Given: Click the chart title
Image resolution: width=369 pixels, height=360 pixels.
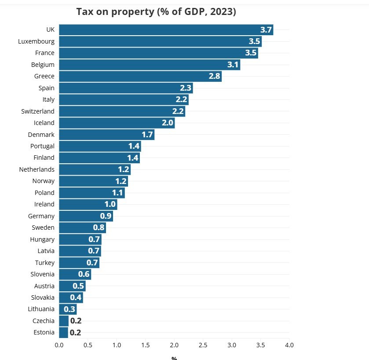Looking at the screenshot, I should tap(156, 12).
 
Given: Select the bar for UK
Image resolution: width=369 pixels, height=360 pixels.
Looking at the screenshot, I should tap(166, 30).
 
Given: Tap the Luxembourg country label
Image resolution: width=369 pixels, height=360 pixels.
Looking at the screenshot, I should tap(37, 41).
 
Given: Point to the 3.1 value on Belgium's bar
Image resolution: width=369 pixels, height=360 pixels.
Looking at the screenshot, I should tap(233, 65).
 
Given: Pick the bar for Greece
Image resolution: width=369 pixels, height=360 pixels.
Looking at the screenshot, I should tap(140, 76).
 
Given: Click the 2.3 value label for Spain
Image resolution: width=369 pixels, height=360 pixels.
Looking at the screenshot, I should tap(186, 88).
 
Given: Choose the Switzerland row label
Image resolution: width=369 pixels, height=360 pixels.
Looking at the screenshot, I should tap(38, 111).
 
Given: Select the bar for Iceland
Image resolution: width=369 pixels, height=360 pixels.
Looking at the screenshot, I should tap(117, 123).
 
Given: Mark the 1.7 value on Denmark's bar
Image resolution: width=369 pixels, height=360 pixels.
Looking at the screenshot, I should tap(147, 135).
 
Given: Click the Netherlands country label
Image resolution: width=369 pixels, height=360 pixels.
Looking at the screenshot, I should tap(37, 169).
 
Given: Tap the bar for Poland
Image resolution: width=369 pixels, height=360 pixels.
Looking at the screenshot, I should tap(91, 193).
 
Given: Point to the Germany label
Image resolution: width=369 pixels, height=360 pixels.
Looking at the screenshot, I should tap(41, 216).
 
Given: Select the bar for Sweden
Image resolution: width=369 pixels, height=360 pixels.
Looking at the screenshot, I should tap(82, 228).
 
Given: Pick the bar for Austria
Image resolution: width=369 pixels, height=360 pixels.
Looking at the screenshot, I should tap(72, 286).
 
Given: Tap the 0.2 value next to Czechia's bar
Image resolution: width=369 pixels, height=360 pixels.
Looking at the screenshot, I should tap(76, 321).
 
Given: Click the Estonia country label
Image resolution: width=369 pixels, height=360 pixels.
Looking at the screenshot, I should tap(44, 333).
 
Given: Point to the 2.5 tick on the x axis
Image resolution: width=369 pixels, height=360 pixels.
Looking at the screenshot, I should tap(203, 345).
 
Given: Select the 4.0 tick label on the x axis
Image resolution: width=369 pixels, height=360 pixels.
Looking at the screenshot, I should tap(289, 345).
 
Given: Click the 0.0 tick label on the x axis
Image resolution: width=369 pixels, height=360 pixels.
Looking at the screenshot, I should tap(59, 345).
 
